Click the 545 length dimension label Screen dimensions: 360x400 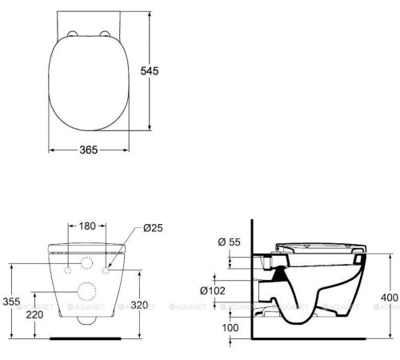[x=150, y=71]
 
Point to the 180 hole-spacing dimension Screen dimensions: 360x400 [x=88, y=226]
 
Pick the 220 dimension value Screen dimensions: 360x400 [x=35, y=315]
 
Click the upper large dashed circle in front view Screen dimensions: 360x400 [x=88, y=265]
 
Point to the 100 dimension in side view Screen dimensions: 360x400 [x=230, y=328]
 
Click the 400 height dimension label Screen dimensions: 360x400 [x=389, y=298]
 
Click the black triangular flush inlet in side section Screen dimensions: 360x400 [x=278, y=274]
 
